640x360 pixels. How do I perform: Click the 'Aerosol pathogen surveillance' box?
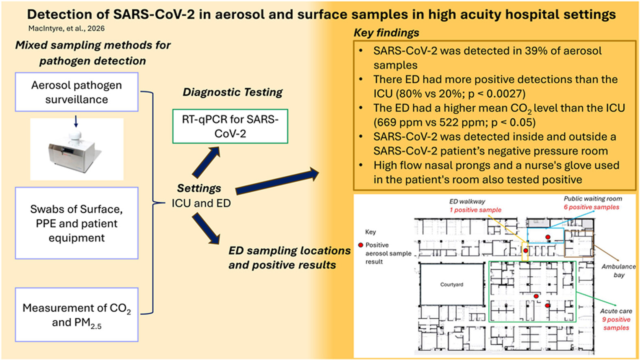(76, 92)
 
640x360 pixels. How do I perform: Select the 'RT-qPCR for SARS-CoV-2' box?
(230, 126)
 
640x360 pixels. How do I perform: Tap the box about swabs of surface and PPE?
(76, 223)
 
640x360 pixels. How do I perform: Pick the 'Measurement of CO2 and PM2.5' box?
(76, 315)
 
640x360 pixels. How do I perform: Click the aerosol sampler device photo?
(76, 150)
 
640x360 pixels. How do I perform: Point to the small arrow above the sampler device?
(76, 121)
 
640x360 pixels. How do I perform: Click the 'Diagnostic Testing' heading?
(233, 92)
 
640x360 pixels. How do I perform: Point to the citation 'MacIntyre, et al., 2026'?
(66, 28)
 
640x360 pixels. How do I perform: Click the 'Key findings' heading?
(386, 33)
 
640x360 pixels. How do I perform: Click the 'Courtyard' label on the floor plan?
(451, 284)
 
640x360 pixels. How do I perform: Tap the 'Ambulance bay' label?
(618, 271)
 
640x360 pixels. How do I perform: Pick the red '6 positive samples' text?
(591, 207)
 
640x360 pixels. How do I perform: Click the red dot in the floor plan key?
(360, 245)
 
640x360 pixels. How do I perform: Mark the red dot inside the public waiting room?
(548, 237)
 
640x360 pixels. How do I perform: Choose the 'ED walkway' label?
(467, 201)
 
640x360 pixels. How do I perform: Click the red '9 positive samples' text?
(616, 323)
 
